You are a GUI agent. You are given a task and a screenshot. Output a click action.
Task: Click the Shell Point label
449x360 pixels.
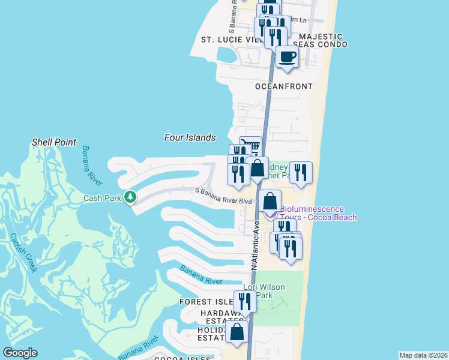point(54,142)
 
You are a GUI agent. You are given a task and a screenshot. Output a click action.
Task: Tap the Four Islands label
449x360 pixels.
point(190,137)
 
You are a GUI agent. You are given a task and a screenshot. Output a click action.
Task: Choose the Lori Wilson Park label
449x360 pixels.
point(264,291)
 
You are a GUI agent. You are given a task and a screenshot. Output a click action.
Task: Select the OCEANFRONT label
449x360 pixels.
point(284,86)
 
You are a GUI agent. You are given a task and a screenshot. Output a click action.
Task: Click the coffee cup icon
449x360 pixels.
point(288,56)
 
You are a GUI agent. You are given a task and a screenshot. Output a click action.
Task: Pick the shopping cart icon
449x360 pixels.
point(251,146)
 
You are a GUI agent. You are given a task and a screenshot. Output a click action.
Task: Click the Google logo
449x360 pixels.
point(20,352)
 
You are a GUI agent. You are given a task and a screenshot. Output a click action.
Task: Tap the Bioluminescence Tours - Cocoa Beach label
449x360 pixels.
point(318,213)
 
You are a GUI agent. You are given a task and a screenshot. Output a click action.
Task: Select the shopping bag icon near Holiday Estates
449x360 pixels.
point(238,332)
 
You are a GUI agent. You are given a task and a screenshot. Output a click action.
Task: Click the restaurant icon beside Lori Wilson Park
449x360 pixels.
point(245,300)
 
